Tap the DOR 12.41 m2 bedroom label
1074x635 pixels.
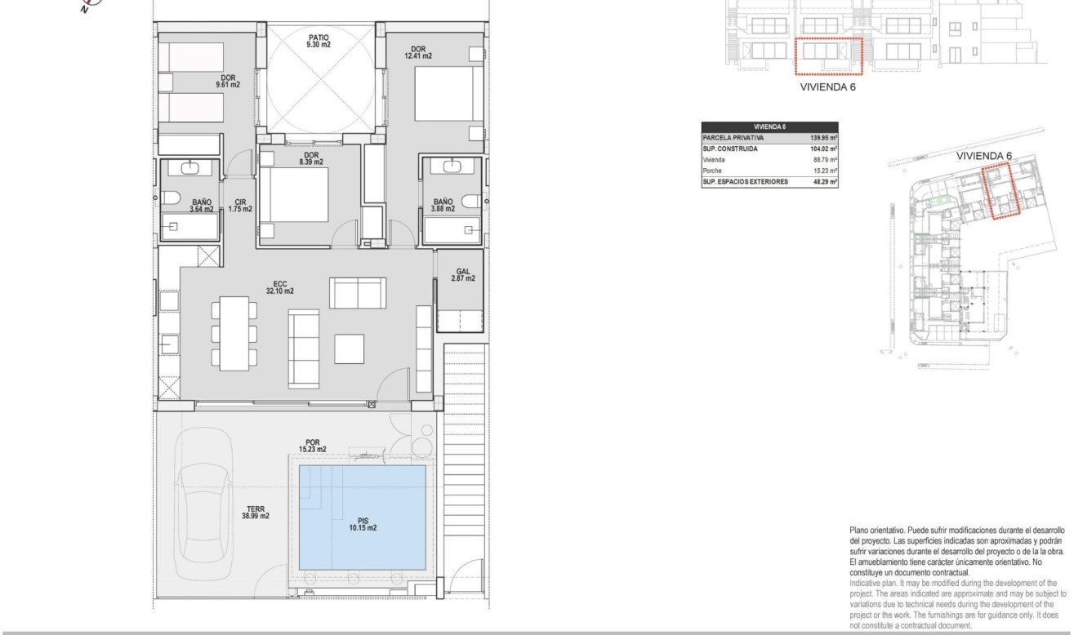417,52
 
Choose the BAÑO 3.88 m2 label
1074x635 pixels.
443,205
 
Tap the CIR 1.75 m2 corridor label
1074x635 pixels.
240,205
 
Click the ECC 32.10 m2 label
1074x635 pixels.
279,287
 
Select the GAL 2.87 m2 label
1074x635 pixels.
462,274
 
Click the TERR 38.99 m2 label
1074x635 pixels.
256,512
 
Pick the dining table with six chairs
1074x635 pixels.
234,332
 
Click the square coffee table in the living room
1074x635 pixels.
350,349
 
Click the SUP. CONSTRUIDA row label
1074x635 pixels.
732,149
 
